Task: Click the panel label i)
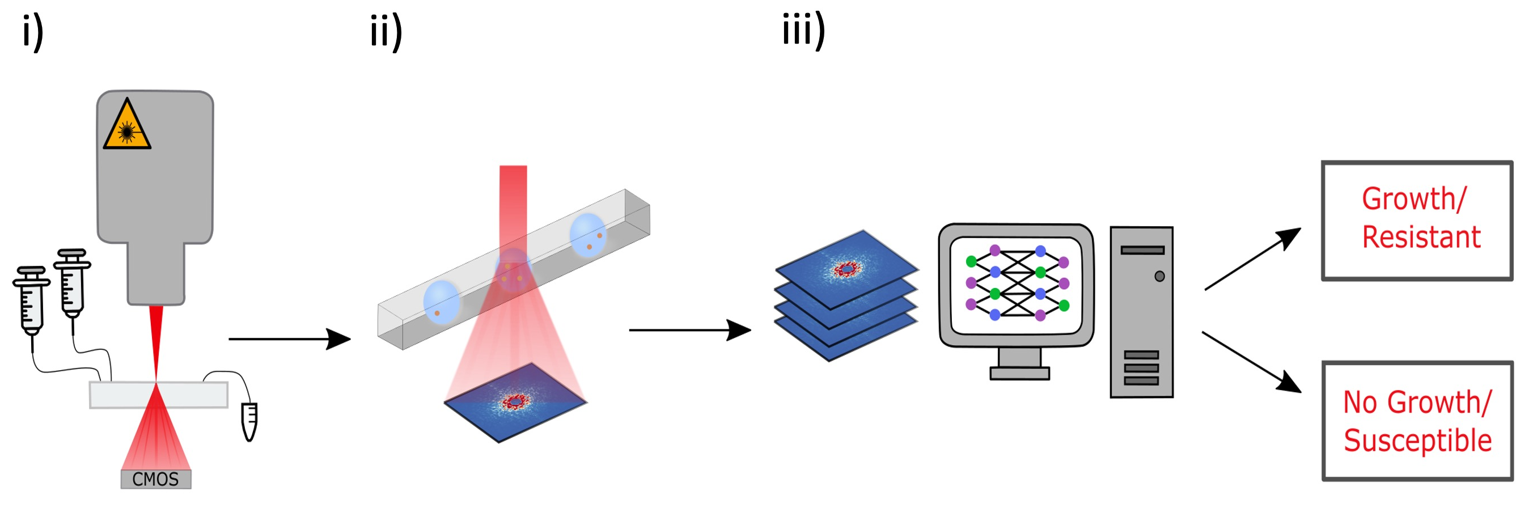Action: [33, 32]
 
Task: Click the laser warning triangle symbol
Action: [126, 127]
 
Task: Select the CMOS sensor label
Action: [155, 479]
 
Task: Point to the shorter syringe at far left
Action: [31, 300]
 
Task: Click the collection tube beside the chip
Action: [249, 421]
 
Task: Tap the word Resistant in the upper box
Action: [1421, 237]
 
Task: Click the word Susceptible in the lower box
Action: [1417, 441]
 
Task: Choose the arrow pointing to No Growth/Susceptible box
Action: [1251, 361]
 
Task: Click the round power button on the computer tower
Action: [1159, 276]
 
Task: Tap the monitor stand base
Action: [1019, 373]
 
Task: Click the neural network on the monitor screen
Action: [1017, 283]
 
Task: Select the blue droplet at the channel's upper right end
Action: [587, 235]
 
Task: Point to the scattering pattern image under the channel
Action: [515, 402]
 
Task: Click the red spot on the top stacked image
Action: [847, 269]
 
